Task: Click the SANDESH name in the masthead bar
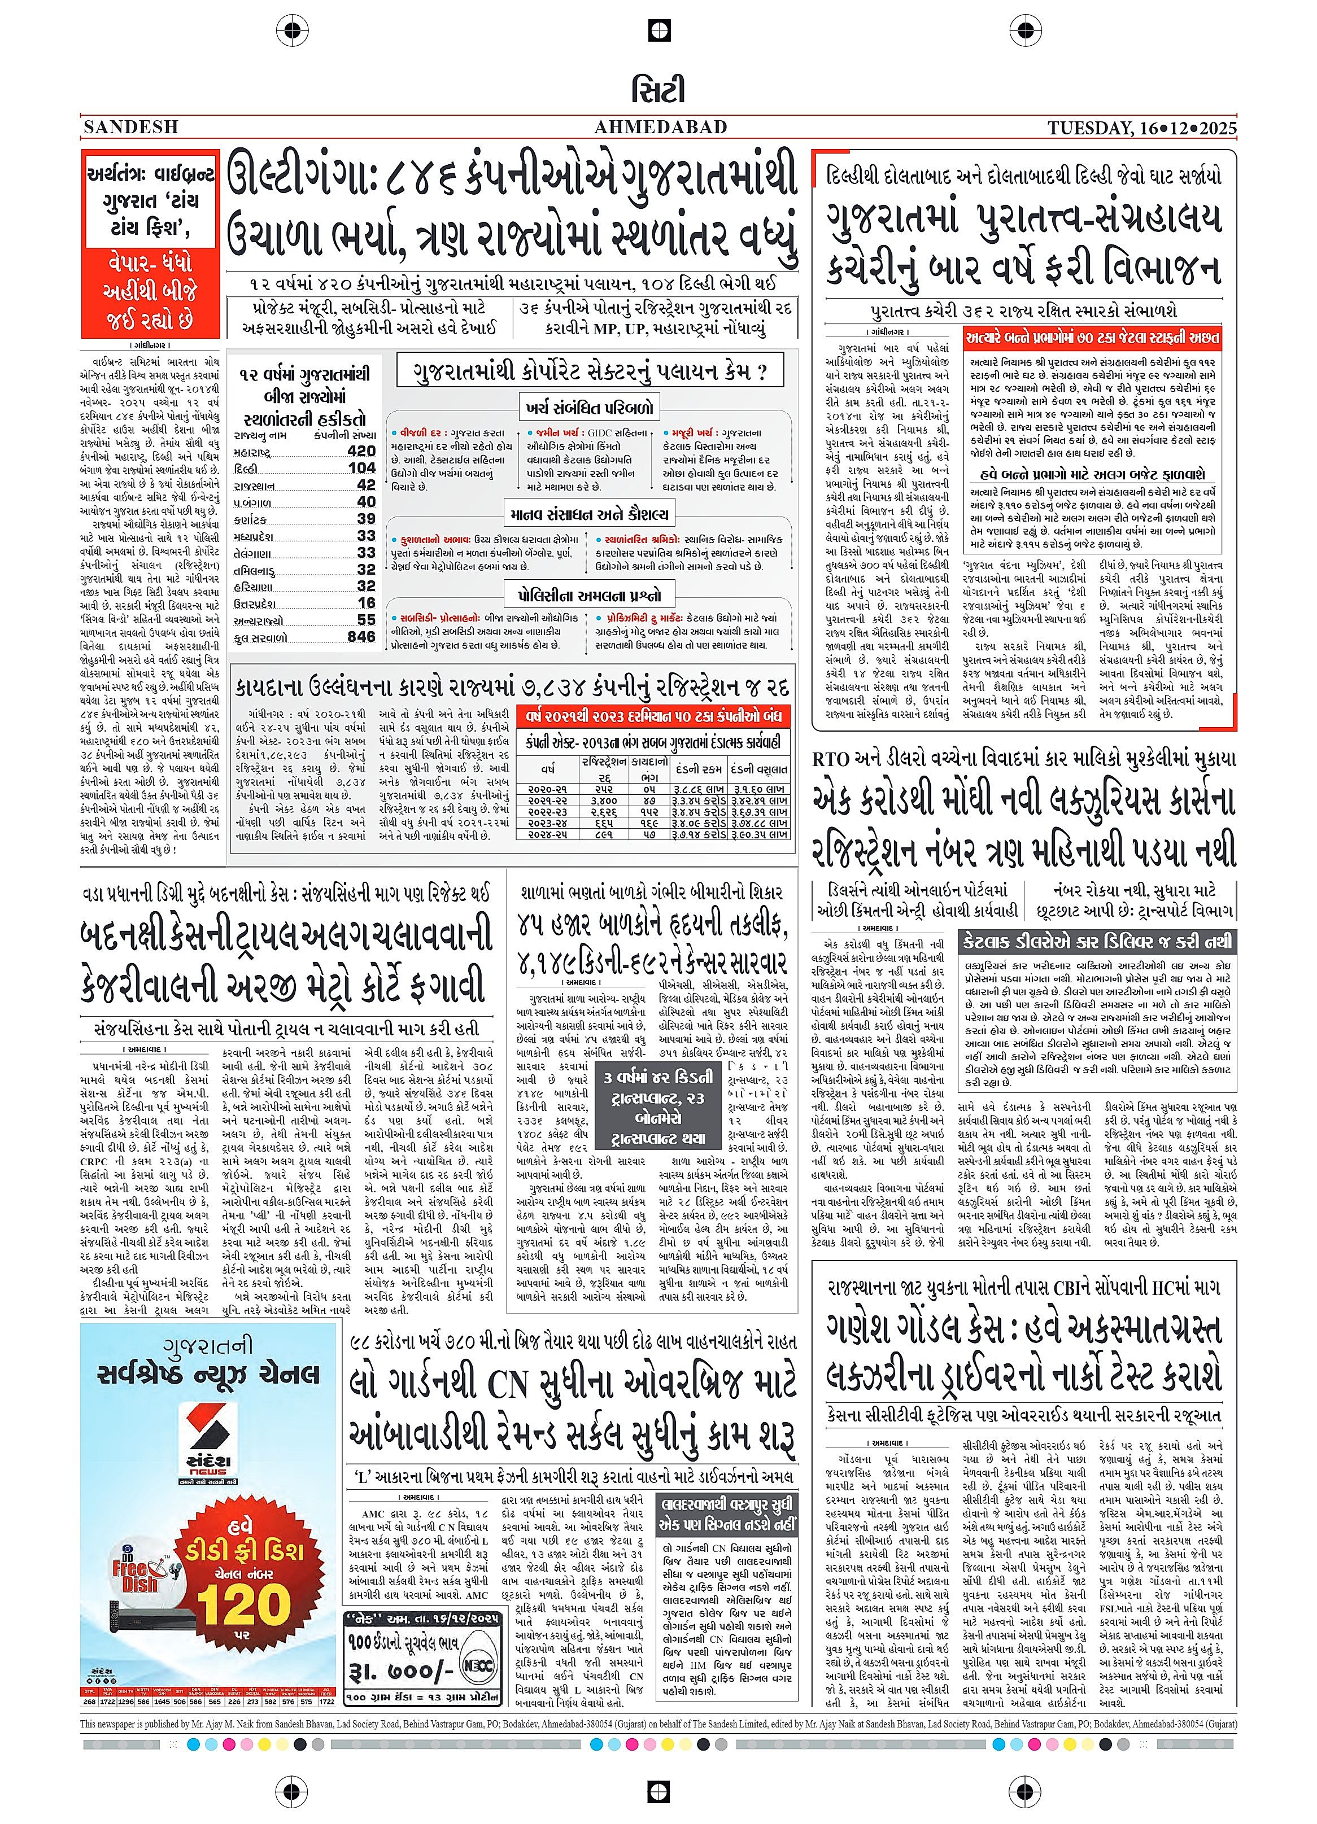coord(130,127)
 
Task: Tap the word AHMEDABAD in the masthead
coord(660,127)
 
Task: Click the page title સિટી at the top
coord(658,91)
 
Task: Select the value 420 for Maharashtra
coord(361,451)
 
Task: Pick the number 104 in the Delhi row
coord(361,468)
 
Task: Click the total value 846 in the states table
coord(361,636)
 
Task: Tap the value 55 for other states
coord(366,619)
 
